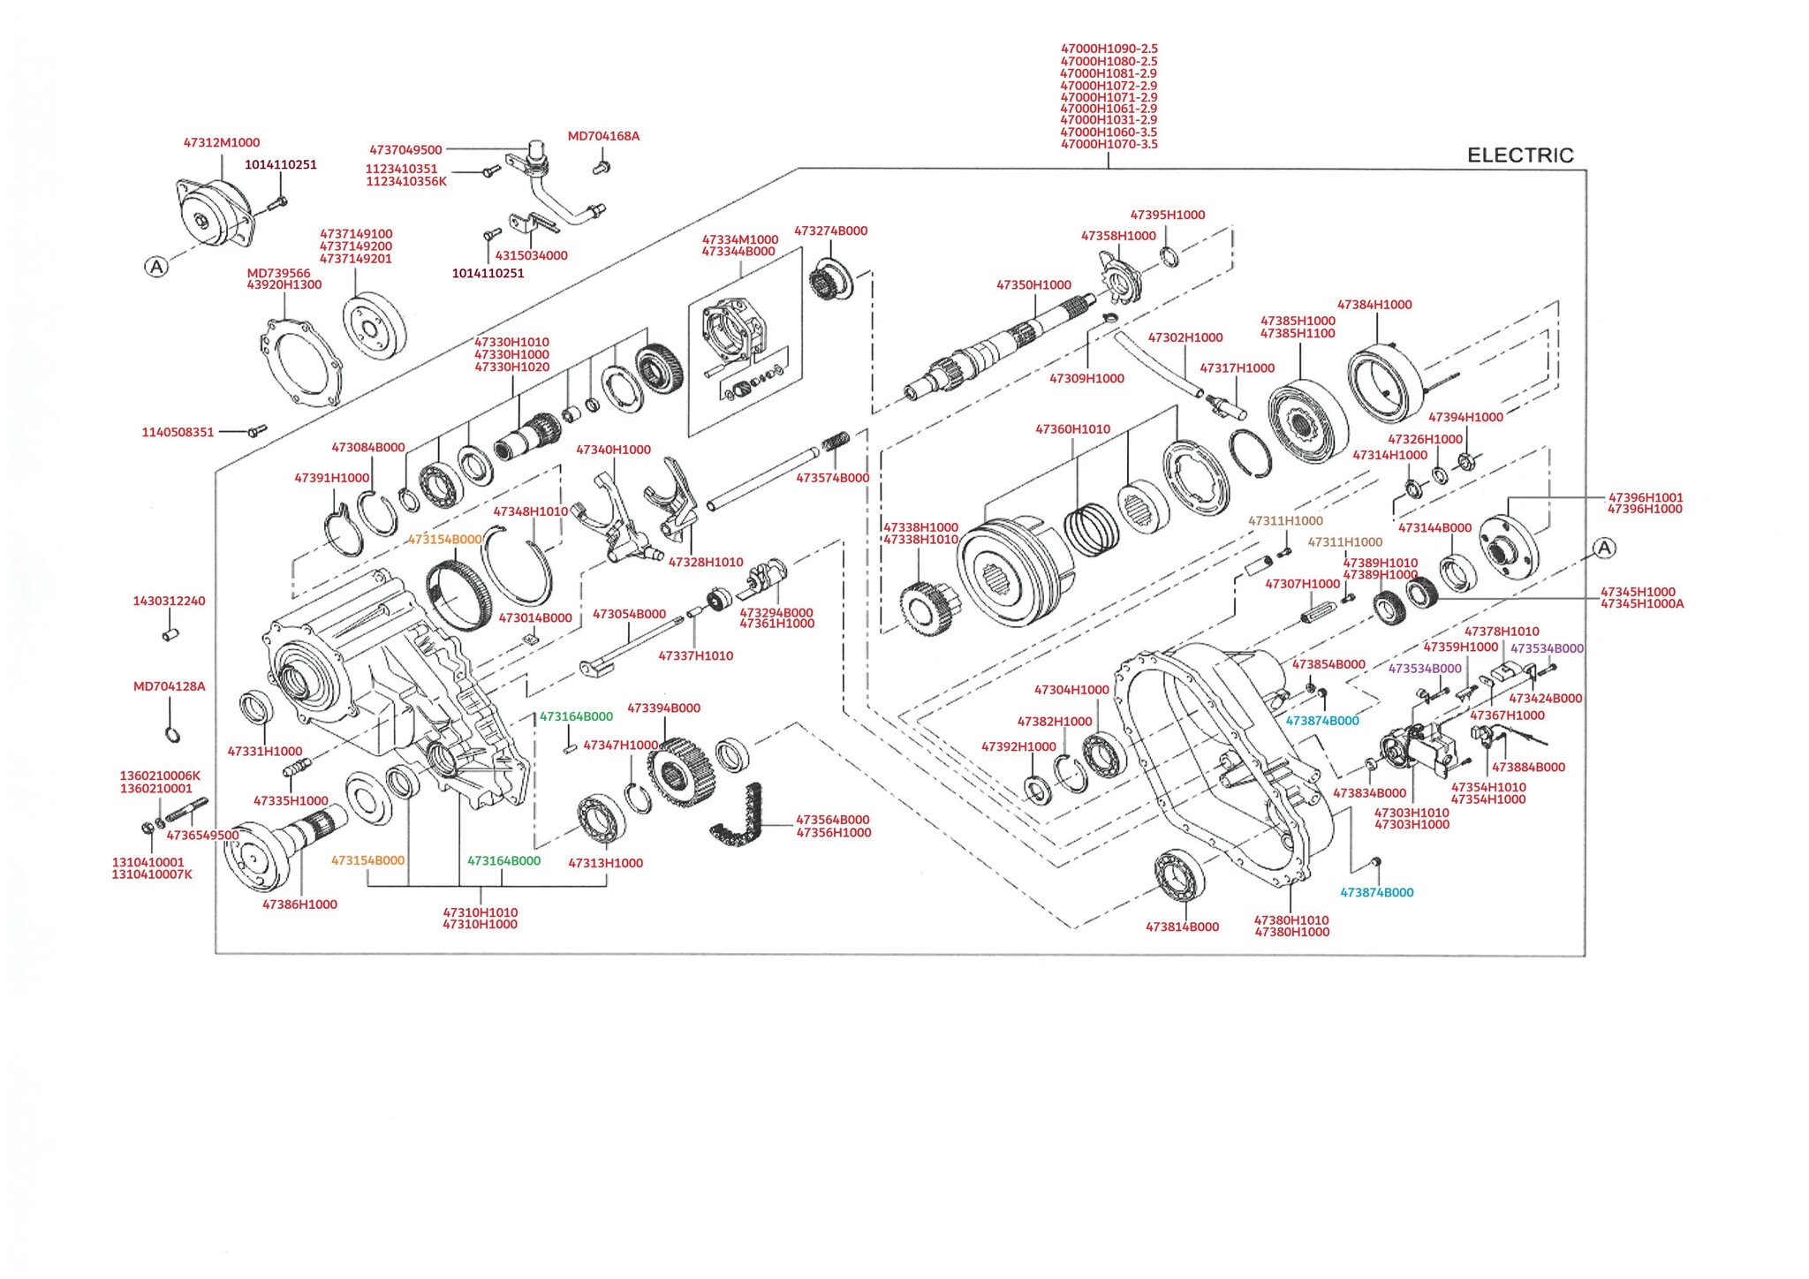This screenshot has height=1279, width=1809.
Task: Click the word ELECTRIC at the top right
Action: pos(1519,155)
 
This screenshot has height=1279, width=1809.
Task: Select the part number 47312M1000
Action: pos(222,143)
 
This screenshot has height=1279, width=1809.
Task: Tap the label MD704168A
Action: pos(603,136)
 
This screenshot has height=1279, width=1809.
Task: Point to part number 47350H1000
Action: pos(1033,285)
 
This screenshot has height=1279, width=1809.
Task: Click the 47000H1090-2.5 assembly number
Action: pos(1109,49)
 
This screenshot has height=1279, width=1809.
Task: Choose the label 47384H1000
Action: pos(1374,305)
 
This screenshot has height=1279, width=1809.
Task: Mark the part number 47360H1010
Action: pos(1072,429)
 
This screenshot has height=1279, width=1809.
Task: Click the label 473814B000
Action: pos(1182,927)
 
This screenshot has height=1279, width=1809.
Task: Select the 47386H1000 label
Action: pos(299,904)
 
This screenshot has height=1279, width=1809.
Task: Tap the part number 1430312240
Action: pos(169,602)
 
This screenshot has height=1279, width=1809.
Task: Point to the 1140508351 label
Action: pos(178,433)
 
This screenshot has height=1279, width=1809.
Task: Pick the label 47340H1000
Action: pos(613,450)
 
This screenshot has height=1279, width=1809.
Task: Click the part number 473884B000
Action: pos(1528,768)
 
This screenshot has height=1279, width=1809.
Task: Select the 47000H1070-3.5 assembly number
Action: pos(1109,144)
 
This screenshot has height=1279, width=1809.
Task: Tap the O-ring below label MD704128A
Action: pos(173,733)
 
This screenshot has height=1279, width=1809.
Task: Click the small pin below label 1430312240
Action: pos(170,634)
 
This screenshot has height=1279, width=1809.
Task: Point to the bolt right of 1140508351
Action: pos(257,430)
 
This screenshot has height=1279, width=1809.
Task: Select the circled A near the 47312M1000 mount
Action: pos(156,267)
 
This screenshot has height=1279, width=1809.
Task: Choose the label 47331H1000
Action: pos(265,752)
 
